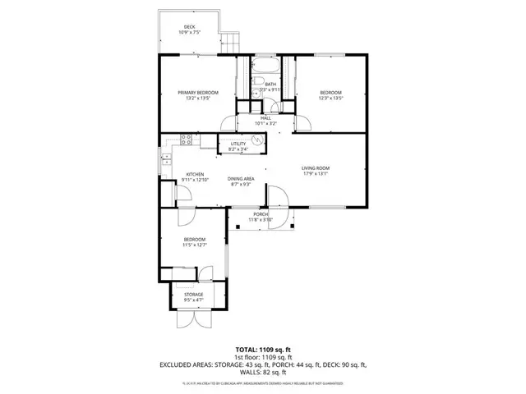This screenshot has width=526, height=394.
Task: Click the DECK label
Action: point(190,27)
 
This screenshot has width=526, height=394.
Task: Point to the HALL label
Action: point(265,118)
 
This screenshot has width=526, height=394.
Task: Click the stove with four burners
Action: point(186,140)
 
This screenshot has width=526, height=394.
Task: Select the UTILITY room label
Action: point(238,144)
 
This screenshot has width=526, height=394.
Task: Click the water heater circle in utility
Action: point(256,141)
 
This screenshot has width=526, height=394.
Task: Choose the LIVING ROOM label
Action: point(315,167)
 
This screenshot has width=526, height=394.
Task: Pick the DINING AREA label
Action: point(240,178)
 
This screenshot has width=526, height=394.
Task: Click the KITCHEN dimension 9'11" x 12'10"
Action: point(195,180)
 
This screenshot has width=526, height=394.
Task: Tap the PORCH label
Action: point(260,214)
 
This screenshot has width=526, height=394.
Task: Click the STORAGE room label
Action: point(193,294)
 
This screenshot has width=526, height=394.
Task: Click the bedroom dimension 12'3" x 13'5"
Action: point(330,98)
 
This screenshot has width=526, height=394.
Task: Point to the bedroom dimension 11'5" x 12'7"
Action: point(195,245)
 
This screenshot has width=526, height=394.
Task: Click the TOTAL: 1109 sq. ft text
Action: point(263,350)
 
